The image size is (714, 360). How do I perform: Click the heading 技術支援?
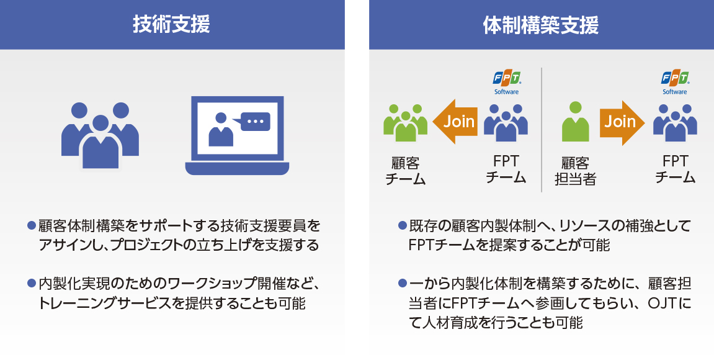pos(171,24)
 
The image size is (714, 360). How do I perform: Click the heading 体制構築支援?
pos(540,25)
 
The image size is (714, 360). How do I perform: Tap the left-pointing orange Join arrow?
pos(455,122)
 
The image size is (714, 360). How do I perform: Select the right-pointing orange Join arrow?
pos(622,122)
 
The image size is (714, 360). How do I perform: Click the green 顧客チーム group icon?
pos(405,122)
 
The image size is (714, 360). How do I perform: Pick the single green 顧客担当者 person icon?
pos(575,121)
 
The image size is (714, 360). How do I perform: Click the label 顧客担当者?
pos(575,171)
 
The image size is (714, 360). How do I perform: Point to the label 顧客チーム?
pos(405,171)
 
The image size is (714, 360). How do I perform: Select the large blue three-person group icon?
pos(100,135)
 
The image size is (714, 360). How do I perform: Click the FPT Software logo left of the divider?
pos(506,83)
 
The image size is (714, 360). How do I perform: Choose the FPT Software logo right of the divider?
pos(675,83)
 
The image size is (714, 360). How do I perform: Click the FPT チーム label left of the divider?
pos(506,169)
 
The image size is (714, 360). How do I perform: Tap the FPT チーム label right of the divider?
pos(676,169)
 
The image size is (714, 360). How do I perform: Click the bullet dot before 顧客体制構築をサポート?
pos(32,225)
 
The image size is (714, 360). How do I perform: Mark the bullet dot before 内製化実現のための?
pos(32,284)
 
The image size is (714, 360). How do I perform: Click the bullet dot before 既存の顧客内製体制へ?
pos(402,225)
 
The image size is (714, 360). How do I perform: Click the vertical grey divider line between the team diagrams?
pos(542,130)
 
